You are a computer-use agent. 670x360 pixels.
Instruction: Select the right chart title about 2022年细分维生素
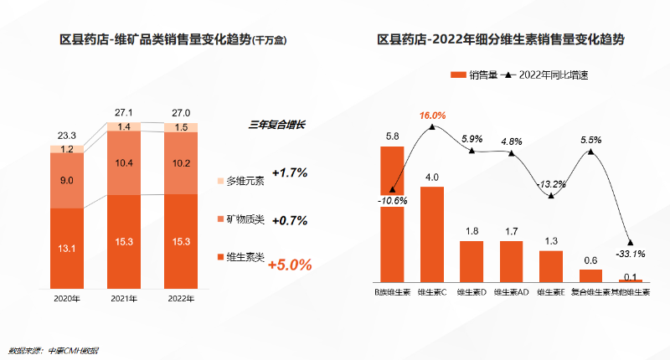[x=501, y=39]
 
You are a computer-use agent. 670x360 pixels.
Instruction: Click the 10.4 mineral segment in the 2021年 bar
[x=124, y=162]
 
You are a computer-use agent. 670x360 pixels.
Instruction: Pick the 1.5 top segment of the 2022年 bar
[x=181, y=127]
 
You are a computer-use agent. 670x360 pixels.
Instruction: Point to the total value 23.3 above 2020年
[x=67, y=135]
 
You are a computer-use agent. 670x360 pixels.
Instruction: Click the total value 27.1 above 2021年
[x=124, y=112]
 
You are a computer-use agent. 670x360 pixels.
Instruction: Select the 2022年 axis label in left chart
[x=181, y=298]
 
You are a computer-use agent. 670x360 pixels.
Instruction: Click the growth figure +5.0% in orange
[x=289, y=265]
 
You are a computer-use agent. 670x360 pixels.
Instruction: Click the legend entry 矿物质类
[x=245, y=219]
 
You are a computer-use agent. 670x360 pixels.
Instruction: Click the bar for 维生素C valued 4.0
[x=432, y=234]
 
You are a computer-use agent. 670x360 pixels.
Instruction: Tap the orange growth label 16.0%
[x=432, y=115]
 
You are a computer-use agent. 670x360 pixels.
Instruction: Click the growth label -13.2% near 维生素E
[x=549, y=184]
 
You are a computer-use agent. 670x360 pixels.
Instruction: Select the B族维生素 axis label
[x=392, y=293]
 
